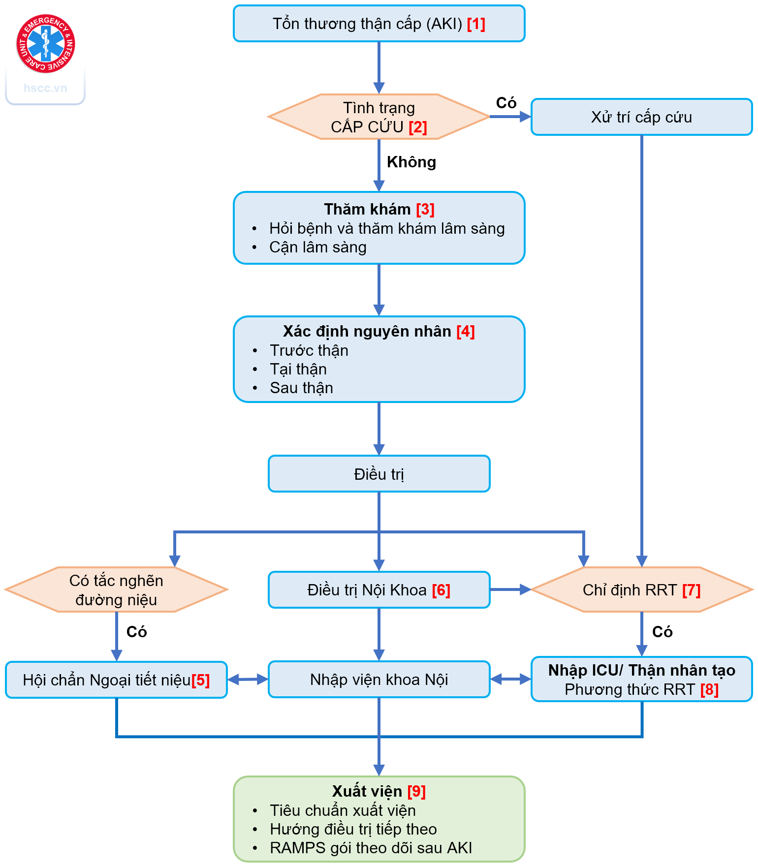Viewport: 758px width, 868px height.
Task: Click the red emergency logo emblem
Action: (45, 44)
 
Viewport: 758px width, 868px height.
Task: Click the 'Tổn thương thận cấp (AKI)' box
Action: (379, 24)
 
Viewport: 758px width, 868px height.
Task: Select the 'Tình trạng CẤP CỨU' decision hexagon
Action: (379, 117)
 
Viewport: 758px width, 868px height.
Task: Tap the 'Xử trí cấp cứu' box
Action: (641, 117)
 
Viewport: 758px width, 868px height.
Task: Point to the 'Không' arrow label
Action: (411, 162)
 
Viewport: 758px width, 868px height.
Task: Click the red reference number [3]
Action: (425, 209)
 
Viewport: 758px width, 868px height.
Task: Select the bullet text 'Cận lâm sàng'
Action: (318, 247)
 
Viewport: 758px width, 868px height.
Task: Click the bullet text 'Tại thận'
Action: (298, 369)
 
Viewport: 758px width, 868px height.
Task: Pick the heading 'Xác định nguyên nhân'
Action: (367, 331)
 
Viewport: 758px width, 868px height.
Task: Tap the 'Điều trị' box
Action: (379, 474)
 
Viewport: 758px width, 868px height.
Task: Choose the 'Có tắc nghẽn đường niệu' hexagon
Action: (116, 590)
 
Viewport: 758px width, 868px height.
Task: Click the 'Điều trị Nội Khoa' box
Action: (379, 590)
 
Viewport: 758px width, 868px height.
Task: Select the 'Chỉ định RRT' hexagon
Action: (641, 590)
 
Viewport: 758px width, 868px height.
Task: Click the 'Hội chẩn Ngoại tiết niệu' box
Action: (116, 680)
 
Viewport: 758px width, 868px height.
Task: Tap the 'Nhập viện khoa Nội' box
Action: (379, 680)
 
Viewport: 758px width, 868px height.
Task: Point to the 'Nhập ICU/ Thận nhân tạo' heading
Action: (641, 670)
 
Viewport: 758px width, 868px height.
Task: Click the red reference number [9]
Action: (416, 791)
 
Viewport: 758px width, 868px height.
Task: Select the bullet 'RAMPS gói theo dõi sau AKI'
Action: (371, 848)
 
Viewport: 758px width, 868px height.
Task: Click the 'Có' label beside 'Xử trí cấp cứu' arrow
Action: (506, 103)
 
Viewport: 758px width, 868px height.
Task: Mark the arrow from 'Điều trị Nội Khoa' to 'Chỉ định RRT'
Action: (510, 589)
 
